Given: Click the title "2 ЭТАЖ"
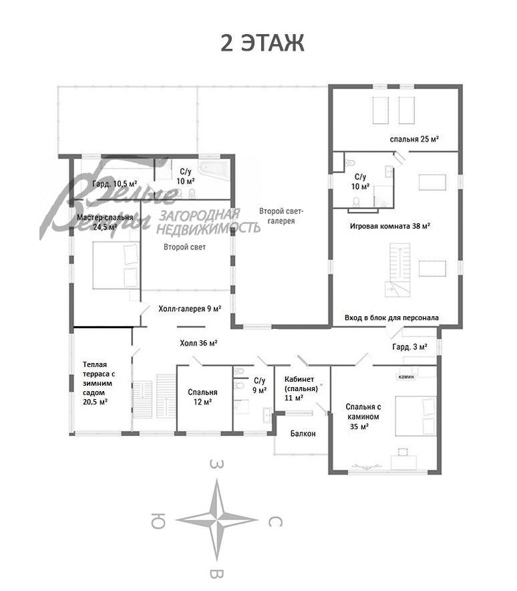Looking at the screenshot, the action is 262,43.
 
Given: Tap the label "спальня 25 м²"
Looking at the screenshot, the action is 414,139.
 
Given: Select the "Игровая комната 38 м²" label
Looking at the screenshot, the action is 390,226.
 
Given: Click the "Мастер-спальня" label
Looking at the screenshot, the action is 105,217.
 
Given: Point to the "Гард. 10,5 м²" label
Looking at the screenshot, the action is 114,184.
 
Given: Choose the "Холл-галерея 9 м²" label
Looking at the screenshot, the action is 190,309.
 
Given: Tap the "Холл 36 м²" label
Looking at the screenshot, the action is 198,343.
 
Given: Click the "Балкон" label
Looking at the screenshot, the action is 303,433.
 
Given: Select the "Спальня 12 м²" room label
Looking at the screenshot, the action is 202,397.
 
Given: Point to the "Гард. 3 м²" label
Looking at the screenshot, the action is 409,347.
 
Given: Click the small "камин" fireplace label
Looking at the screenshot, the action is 406,376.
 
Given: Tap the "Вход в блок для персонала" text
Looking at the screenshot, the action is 391,318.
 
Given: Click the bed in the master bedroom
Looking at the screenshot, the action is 116,265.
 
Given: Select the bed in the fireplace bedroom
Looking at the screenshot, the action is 415,416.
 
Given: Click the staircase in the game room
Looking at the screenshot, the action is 398,270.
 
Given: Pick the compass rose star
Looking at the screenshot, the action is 217,520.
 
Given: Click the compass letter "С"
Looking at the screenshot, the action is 275,521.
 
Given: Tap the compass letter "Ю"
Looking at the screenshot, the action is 158,521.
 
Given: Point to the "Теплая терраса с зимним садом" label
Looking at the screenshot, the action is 99,383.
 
